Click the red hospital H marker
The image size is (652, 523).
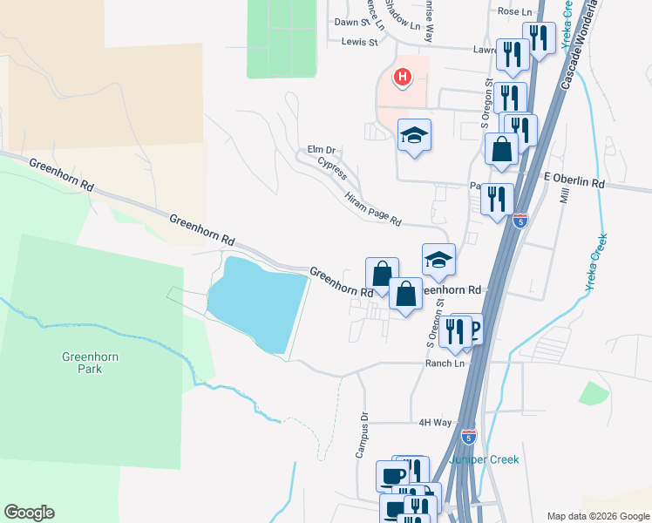402,78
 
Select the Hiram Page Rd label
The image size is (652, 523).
372,209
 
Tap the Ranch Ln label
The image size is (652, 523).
445,363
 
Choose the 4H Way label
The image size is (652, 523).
435,423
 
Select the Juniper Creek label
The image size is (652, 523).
484,459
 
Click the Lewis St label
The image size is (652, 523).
360,41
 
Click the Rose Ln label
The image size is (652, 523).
513,11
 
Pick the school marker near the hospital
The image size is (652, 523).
415,135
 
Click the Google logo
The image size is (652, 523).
30,513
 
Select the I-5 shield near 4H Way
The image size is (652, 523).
469,433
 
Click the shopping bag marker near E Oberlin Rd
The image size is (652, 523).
502,148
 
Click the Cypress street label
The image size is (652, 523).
332,167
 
